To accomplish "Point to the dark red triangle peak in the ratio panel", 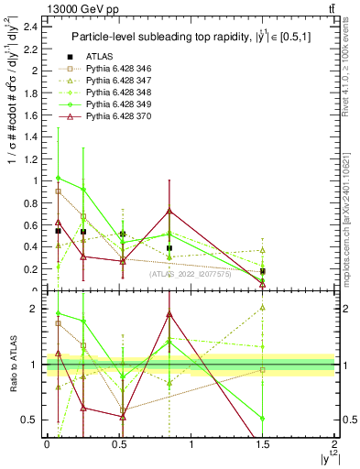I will (169, 314).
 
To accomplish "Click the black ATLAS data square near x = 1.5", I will (263, 271).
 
